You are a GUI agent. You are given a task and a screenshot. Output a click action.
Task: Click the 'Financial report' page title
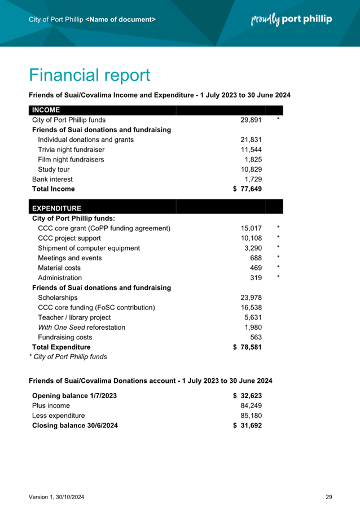(x=89, y=75)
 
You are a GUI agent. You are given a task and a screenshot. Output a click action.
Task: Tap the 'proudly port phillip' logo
(x=291, y=20)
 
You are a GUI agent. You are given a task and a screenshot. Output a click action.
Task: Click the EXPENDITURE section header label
(x=56, y=208)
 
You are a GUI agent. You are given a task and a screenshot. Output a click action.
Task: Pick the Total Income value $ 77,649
(x=247, y=189)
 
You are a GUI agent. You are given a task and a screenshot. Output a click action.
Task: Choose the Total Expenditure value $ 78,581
(x=247, y=347)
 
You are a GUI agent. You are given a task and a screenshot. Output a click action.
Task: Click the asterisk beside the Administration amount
(x=278, y=277)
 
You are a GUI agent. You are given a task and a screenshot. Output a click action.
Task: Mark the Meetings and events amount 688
(x=256, y=258)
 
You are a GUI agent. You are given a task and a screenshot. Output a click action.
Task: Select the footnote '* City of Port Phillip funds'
(x=68, y=357)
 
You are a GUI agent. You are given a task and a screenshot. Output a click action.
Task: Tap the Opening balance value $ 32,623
(x=247, y=396)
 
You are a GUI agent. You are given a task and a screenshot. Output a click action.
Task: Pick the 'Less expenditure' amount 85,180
(x=251, y=416)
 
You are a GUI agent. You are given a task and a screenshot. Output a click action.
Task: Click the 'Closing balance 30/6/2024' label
(x=75, y=425)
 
